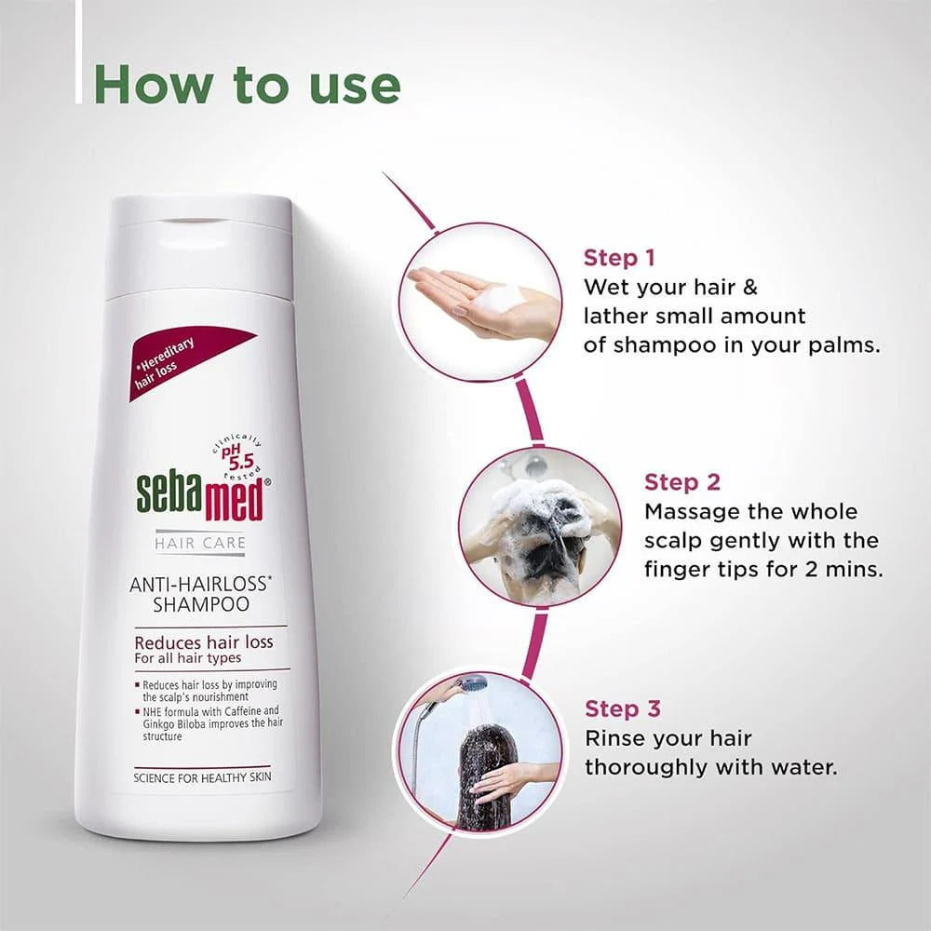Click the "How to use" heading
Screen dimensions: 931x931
[x=248, y=84]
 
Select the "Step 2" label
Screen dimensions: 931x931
[x=682, y=482]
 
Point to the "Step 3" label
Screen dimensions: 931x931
[x=623, y=708]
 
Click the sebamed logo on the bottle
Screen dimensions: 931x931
[x=200, y=498]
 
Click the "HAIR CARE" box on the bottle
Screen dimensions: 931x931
[x=200, y=543]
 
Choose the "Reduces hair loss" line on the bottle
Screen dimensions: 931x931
[x=204, y=642]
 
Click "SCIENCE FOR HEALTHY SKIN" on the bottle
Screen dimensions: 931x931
[x=201, y=777]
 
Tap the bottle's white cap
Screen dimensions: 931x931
[x=201, y=244]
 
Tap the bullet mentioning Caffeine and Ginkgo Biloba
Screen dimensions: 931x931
[x=209, y=722]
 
